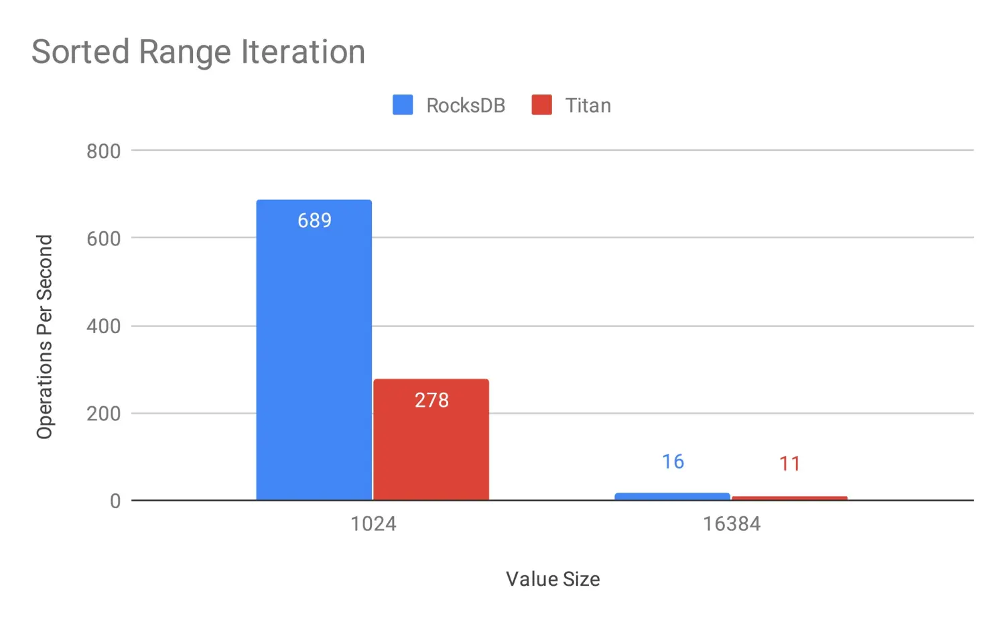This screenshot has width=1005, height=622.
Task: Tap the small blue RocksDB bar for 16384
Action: click(672, 497)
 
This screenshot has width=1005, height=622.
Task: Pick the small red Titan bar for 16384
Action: click(789, 498)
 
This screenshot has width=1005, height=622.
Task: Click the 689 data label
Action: click(314, 221)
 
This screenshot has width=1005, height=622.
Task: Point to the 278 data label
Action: click(431, 400)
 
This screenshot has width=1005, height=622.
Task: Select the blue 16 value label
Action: click(673, 462)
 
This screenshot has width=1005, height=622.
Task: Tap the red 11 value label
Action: click(789, 464)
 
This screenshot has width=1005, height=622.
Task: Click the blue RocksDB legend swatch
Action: click(403, 105)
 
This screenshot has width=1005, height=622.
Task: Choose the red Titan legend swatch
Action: click(541, 105)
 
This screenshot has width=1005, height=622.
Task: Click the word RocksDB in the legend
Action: click(466, 106)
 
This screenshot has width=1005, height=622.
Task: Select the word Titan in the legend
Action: click(588, 106)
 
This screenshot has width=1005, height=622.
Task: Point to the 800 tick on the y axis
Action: click(103, 151)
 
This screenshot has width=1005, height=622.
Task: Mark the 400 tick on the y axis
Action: click(103, 326)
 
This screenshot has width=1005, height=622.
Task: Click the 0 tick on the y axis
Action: click(115, 501)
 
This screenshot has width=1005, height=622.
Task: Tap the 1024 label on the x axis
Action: click(373, 523)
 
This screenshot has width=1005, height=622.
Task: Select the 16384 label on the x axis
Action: click(731, 523)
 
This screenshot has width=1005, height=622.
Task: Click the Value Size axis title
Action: click(553, 579)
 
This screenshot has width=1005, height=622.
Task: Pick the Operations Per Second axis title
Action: click(44, 336)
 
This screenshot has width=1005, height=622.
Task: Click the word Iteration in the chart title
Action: click(303, 52)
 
